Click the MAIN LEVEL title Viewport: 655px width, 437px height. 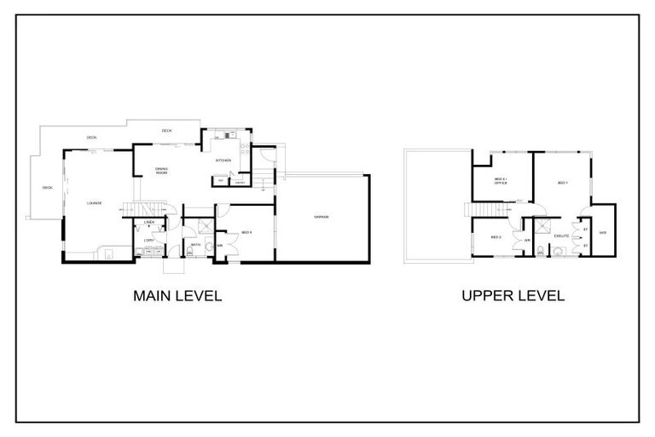tap(177, 296)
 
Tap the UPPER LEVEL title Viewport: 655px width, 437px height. tap(513, 296)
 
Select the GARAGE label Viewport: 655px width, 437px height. tap(322, 218)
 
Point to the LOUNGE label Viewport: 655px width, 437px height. tap(94, 203)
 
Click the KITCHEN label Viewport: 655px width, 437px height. tap(223, 160)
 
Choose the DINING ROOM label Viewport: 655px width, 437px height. tap(161, 171)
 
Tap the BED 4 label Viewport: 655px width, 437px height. tap(246, 232)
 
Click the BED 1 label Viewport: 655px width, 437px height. tap(562, 184)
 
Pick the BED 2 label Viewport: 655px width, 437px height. tap(496, 236)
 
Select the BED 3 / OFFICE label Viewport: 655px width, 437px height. tap(501, 181)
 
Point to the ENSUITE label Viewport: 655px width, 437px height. tap(561, 236)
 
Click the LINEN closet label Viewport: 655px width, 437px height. tap(148, 223)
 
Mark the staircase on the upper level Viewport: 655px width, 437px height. tap(474, 211)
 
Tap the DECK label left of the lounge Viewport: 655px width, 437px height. tap(47, 188)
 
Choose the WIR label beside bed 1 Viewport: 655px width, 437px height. tap(602, 232)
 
